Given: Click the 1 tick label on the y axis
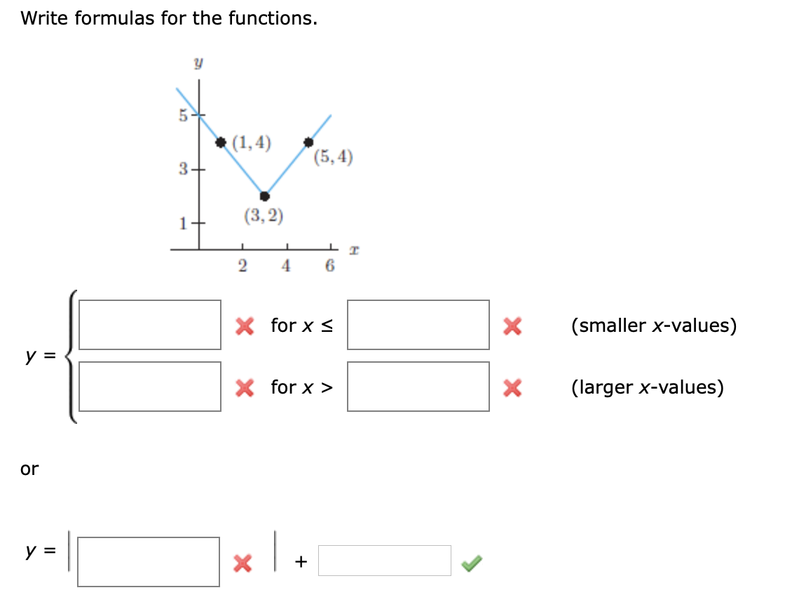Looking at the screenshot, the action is click(x=183, y=223).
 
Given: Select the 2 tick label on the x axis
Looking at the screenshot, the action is click(x=243, y=266).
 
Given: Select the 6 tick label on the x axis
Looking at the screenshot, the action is click(x=330, y=266).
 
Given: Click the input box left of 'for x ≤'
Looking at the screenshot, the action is click(x=150, y=325).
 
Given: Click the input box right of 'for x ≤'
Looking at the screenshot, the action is click(x=418, y=325).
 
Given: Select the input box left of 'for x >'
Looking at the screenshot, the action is click(x=150, y=387).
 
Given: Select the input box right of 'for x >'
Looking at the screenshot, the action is click(x=418, y=387).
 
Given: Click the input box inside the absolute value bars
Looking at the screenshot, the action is click(x=148, y=562).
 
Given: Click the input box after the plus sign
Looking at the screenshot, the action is click(x=385, y=561).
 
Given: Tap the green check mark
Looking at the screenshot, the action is click(x=472, y=563).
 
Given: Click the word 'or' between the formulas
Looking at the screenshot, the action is click(x=29, y=469).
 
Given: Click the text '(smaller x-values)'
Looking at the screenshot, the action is click(x=654, y=326).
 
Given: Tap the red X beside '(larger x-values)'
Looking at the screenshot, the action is click(x=512, y=387).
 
